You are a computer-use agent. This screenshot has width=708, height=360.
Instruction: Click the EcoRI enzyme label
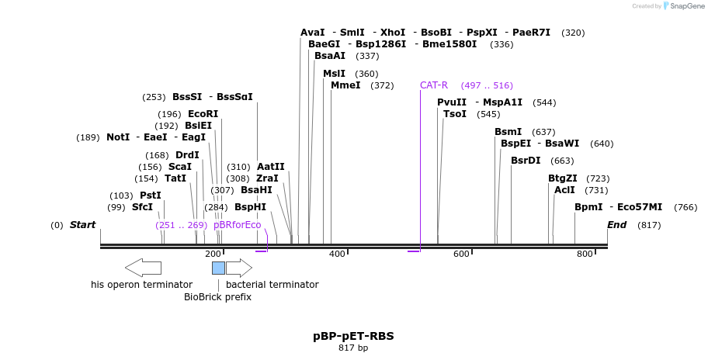point(203,114)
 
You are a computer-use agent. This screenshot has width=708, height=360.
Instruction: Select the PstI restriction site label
point(151,196)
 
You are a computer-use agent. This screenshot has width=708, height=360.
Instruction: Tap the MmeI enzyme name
point(345,85)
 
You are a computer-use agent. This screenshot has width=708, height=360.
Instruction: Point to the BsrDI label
point(526,161)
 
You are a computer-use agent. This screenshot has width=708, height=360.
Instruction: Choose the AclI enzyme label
point(564,190)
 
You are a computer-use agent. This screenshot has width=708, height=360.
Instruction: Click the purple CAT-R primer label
point(434,85)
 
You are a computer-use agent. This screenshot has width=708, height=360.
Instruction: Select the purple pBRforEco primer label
point(238,225)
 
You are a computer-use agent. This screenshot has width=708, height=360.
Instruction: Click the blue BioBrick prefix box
point(218,268)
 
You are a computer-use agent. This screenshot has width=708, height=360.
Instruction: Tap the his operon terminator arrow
point(143,268)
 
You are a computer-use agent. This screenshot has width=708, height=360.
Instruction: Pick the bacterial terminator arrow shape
point(239,268)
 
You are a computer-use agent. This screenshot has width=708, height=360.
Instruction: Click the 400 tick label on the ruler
point(337,254)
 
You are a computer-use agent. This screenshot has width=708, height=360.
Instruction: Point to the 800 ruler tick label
point(585,254)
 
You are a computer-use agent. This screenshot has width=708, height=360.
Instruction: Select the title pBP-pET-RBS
point(353,336)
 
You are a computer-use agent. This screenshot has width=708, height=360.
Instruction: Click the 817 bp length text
point(353,348)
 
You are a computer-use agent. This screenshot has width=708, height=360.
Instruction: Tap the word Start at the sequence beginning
point(82,225)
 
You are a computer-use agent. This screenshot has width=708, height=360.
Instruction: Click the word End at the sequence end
point(616,225)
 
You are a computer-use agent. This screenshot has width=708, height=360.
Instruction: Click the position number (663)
point(562,161)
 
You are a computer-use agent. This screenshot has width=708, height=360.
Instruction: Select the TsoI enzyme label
point(455,114)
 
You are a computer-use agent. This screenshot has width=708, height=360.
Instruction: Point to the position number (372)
point(382,85)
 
